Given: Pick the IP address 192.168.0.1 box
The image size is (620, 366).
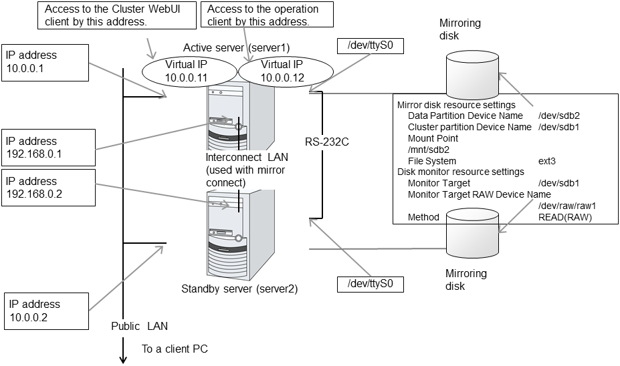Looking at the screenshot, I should coord(45,149).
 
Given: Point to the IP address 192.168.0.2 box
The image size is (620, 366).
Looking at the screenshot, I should coord(45,189).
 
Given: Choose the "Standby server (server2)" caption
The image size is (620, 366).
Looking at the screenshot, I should coord(239,289).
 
